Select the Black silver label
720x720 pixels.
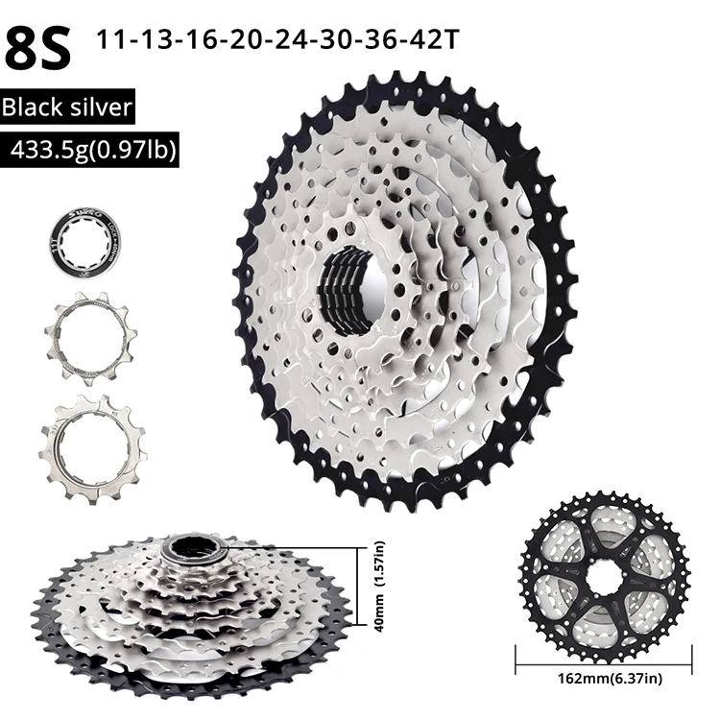[x=66, y=108]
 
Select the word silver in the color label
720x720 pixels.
[x=100, y=108]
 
